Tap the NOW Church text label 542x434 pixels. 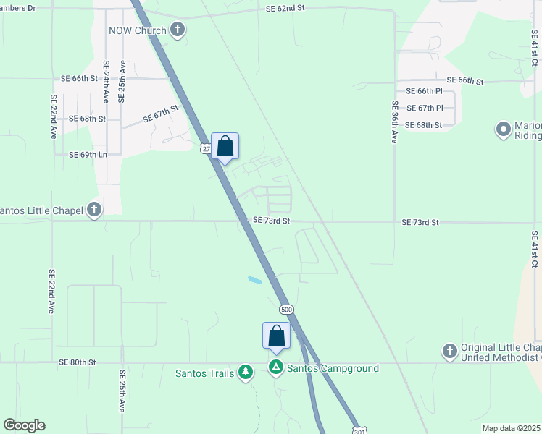click(x=138, y=30)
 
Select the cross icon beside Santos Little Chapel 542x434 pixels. click(x=93, y=210)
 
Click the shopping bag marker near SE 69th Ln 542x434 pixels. click(x=225, y=147)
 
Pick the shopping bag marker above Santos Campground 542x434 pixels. click(x=276, y=336)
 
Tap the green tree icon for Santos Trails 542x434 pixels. click(x=246, y=373)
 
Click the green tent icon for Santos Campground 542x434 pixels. click(x=276, y=367)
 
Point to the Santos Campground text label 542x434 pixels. click(x=333, y=368)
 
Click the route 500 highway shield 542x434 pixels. click(x=285, y=308)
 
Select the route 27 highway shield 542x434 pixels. click(x=207, y=148)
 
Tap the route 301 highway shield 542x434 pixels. click(x=360, y=430)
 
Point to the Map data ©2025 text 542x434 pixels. click(x=511, y=428)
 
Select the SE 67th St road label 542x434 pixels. click(x=160, y=114)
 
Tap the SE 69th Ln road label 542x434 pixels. click(x=88, y=154)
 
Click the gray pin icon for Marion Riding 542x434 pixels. click(x=504, y=130)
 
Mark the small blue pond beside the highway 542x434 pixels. click(x=255, y=279)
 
